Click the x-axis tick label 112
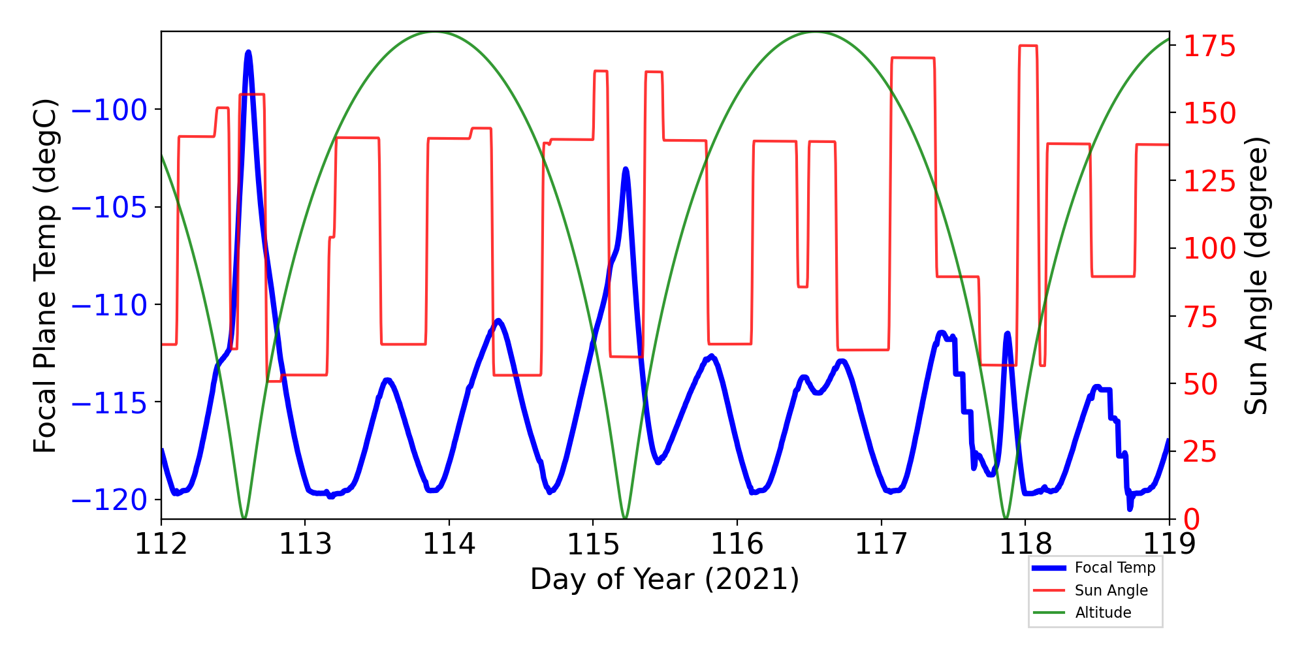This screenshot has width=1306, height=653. tap(161, 543)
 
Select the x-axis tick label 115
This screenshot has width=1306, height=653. tap(593, 543)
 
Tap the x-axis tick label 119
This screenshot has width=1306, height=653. tap(1169, 543)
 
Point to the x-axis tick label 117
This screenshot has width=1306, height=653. tap(881, 543)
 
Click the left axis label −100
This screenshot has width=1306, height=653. tap(109, 110)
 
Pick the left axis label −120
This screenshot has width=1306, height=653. tap(109, 500)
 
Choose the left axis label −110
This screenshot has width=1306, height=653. tap(109, 305)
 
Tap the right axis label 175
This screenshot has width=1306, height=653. tap(1209, 47)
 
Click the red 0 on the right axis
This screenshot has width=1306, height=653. tap(1192, 520)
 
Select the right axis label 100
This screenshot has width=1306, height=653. tap(1209, 249)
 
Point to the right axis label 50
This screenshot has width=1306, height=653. tap(1201, 385)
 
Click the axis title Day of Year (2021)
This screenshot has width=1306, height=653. tap(664, 579)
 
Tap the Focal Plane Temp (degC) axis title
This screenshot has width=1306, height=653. tap(46, 276)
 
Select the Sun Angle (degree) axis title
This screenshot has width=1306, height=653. tap(1255, 276)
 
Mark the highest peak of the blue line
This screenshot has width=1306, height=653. tap(248, 52)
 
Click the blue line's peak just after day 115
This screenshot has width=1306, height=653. tap(626, 168)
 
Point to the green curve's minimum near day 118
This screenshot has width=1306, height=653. tap(1006, 518)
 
